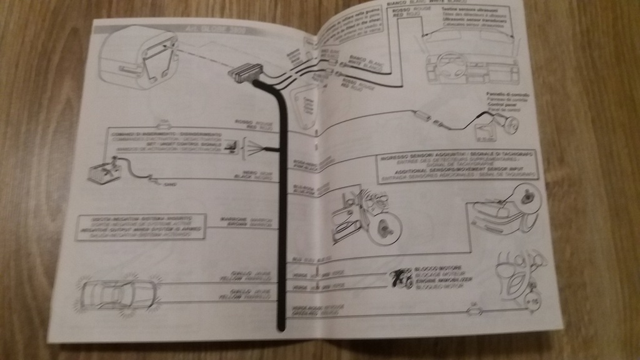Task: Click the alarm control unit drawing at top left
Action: click(138, 59)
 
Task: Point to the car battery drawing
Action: click(104, 171)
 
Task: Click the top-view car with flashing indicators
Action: click(118, 293)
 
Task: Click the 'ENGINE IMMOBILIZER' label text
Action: click(438, 281)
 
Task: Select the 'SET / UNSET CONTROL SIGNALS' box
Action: click(166, 141)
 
